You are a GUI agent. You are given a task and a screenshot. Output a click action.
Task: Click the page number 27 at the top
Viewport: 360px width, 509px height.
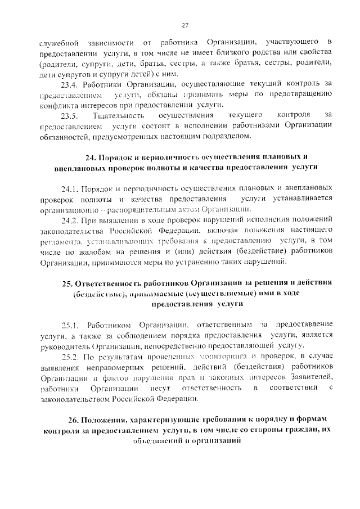185,25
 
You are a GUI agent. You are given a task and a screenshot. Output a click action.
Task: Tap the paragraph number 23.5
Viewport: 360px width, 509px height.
69,115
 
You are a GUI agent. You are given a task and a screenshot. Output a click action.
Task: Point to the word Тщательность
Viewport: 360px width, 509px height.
115,115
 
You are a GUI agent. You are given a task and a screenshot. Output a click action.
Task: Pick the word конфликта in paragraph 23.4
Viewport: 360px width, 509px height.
57,105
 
